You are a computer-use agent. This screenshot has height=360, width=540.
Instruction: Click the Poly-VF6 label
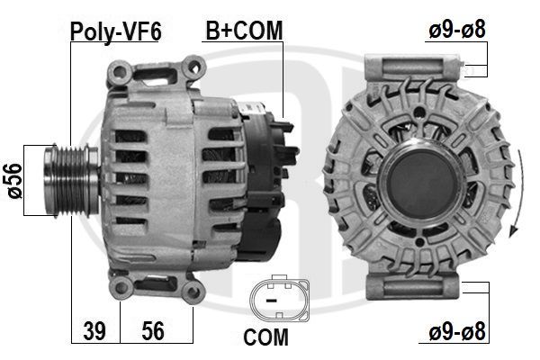(116, 31)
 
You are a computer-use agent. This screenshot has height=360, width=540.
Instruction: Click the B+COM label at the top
(244, 31)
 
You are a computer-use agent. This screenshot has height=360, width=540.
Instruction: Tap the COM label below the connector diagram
(265, 337)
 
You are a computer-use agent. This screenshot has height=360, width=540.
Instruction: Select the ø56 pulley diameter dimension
(15, 181)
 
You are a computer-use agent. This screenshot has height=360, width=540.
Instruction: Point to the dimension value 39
(94, 330)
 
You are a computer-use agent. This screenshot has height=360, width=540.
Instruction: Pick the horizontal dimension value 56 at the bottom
(153, 330)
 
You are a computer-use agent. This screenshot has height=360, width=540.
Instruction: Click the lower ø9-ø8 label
(457, 331)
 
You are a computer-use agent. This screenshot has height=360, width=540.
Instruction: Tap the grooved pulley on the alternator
(71, 181)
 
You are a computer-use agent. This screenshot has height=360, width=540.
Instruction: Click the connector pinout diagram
(279, 298)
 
